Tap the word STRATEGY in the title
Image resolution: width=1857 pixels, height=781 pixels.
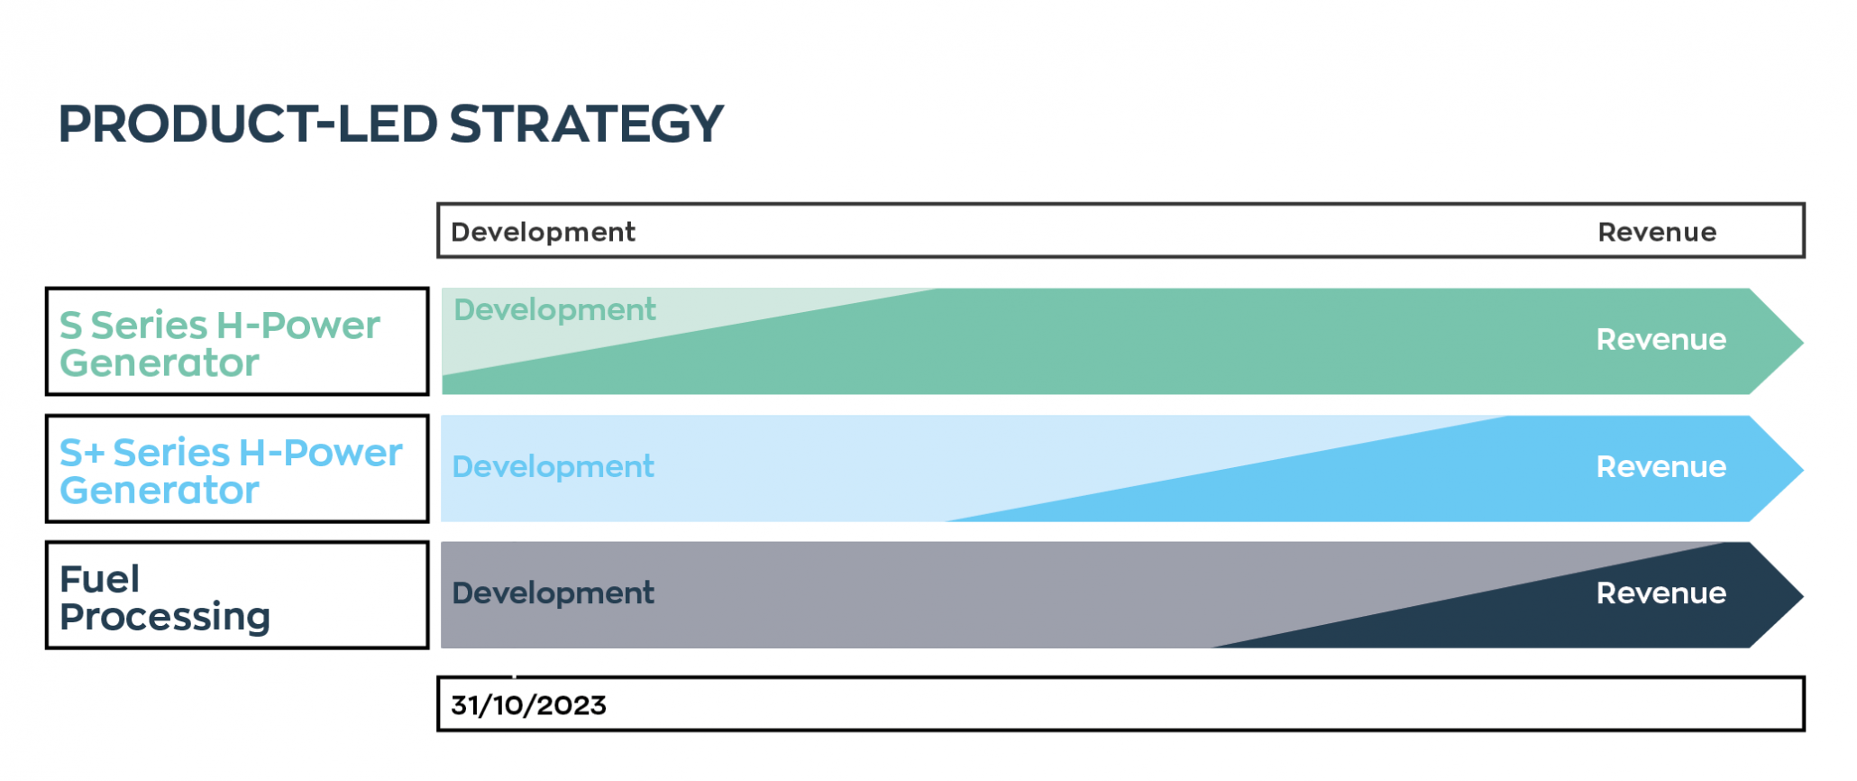pyautogui.click(x=586, y=124)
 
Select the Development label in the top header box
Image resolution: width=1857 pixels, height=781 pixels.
pyautogui.click(x=543, y=232)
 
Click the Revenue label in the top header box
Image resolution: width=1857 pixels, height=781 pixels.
pyautogui.click(x=1657, y=232)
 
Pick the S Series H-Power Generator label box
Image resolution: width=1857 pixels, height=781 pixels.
pyautogui.click(x=237, y=342)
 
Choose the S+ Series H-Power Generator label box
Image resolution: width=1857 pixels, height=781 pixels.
pyautogui.click(x=237, y=469)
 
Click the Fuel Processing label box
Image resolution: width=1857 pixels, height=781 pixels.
pyautogui.click(x=237, y=595)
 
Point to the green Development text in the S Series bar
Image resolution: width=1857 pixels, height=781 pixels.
pyautogui.click(x=554, y=309)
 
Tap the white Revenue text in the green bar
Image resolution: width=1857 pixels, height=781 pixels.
pyautogui.click(x=1660, y=339)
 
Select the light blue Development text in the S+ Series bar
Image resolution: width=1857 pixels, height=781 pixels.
pyautogui.click(x=553, y=466)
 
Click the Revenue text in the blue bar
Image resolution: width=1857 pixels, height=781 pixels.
pyautogui.click(x=1660, y=466)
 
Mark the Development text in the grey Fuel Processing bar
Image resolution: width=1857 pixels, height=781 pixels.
pyautogui.click(x=553, y=593)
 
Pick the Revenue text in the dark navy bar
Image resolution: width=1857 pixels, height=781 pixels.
pyautogui.click(x=1660, y=593)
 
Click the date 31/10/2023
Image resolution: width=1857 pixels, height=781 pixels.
pyautogui.click(x=528, y=705)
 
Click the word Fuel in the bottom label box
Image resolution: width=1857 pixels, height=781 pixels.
pyautogui.click(x=99, y=579)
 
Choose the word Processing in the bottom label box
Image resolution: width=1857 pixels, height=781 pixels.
pyautogui.click(x=165, y=617)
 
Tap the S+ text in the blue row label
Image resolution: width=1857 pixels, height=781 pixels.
pyautogui.click(x=82, y=453)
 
